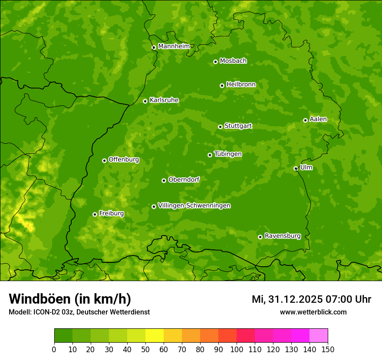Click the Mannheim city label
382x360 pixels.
(x=174, y=46)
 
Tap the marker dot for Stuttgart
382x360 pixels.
(x=220, y=127)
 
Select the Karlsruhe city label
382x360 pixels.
(x=164, y=100)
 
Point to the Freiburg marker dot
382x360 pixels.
(x=95, y=214)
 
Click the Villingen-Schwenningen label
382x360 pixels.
(x=194, y=206)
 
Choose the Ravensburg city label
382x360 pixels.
(x=282, y=236)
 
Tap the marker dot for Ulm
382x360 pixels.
(x=296, y=168)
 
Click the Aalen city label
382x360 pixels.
(x=318, y=119)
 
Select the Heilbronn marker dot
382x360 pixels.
(x=222, y=85)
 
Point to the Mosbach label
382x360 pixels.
(x=233, y=61)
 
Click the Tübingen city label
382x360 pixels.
(x=227, y=154)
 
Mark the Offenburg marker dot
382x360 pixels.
(x=104, y=160)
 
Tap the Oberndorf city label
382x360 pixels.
(x=184, y=180)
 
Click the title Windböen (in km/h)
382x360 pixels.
(x=70, y=299)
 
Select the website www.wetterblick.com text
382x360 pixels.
(x=313, y=312)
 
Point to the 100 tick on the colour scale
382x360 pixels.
(x=237, y=349)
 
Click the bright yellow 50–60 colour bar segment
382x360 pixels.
(x=155, y=336)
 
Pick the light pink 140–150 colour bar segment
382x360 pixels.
(x=319, y=336)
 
